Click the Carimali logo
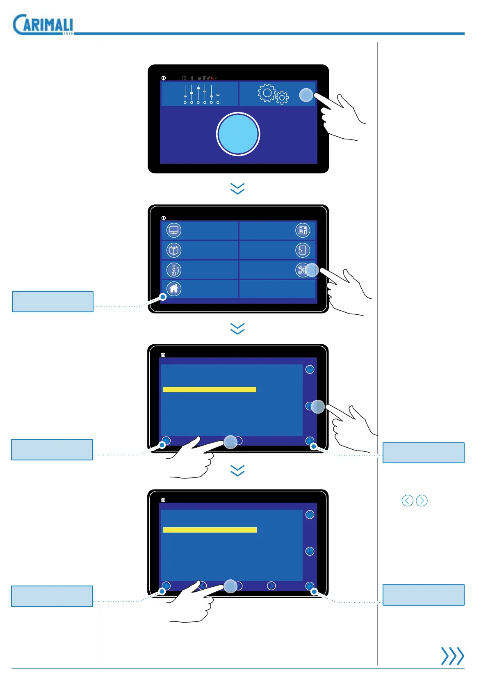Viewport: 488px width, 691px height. pos(43,25)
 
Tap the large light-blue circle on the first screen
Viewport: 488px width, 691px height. pos(238,134)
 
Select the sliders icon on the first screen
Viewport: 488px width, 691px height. pos(201,94)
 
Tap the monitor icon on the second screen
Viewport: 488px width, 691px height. pos(174,230)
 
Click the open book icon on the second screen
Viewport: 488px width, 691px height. pos(174,250)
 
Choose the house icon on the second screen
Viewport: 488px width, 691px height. pos(174,288)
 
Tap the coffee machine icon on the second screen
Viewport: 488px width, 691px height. pos(303,230)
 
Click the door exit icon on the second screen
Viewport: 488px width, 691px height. pos(303,250)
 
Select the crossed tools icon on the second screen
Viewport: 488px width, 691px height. pos(302,270)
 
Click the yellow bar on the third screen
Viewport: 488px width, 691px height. pos(210,389)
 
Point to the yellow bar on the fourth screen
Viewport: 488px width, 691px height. pos(210,530)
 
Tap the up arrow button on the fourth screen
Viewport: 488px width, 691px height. pos(310,515)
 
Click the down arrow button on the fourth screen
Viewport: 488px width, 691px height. pos(310,551)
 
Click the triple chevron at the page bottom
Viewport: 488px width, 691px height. pos(452,656)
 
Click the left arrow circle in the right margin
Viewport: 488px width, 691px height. pos(407,501)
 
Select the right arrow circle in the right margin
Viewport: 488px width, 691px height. pos(422,501)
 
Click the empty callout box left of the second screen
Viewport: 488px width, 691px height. pos(53,302)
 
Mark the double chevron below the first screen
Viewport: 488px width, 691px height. pos(237,189)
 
